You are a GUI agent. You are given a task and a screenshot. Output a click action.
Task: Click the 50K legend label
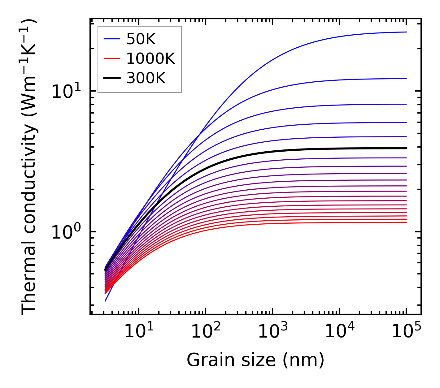pos(141,39)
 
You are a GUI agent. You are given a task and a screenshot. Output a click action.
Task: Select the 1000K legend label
pos(150,58)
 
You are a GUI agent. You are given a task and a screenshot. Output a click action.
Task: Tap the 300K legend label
pos(146,78)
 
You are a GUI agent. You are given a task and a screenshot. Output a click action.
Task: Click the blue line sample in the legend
pos(111,39)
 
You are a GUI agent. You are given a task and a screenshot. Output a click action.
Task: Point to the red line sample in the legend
pos(111,58)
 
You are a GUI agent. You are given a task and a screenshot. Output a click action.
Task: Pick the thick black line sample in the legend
pos(111,78)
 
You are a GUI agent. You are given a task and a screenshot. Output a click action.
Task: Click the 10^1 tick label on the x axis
pos(138,332)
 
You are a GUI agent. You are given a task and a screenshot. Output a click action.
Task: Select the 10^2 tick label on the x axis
pos(206,332)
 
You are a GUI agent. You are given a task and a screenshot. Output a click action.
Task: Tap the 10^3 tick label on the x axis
pos(272,332)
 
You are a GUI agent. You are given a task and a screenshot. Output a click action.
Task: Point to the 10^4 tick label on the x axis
pos(339,332)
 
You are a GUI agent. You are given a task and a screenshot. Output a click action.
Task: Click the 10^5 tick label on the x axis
pos(406,332)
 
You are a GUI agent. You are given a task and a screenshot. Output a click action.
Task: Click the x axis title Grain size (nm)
pos(255,360)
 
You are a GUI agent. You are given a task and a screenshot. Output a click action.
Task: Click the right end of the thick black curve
pos(406,148)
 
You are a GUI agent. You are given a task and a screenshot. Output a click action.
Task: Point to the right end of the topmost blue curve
pos(406,32)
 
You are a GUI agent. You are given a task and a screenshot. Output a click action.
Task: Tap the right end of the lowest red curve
pos(406,222)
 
